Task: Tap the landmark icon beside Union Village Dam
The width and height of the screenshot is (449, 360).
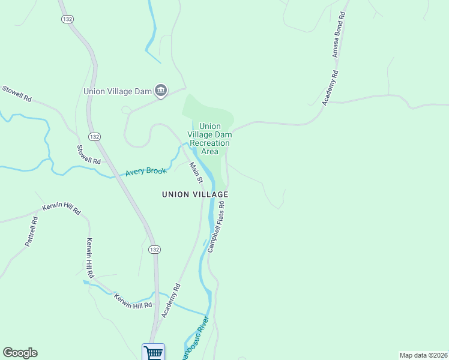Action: click(x=160, y=91)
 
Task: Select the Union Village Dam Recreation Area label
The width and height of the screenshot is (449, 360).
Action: click(x=209, y=139)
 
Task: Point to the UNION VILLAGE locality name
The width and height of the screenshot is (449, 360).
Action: click(x=195, y=194)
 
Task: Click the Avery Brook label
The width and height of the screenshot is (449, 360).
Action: click(x=145, y=172)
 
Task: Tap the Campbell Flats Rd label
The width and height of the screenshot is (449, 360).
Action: click(x=216, y=226)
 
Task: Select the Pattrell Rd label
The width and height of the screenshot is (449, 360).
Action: click(x=32, y=230)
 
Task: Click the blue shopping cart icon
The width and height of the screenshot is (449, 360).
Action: click(x=153, y=352)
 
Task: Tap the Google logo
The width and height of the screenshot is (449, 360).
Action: click(x=20, y=353)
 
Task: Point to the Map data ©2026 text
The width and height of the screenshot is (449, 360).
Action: click(x=423, y=355)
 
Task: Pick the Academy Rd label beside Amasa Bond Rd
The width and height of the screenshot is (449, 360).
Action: click(x=331, y=88)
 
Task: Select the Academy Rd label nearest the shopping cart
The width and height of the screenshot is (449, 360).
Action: click(x=170, y=301)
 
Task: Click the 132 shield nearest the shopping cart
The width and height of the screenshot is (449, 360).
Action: click(x=154, y=249)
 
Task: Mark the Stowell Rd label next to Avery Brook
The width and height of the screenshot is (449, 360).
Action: click(x=89, y=154)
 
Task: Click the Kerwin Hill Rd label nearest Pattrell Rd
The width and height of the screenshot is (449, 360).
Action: click(x=61, y=209)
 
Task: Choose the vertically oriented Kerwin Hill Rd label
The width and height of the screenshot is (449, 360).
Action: click(x=90, y=257)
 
